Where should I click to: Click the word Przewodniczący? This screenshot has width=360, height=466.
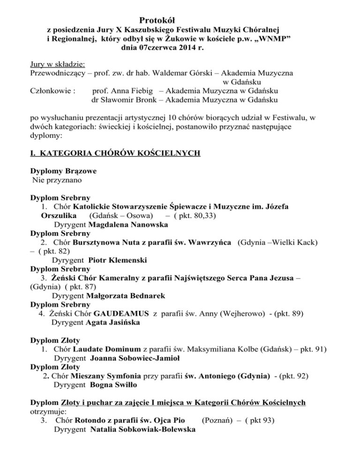(56, 73)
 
